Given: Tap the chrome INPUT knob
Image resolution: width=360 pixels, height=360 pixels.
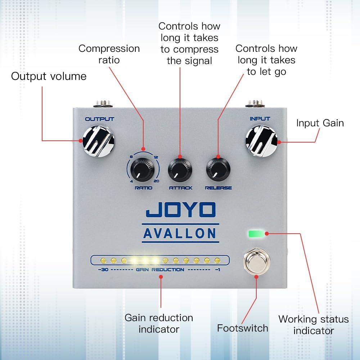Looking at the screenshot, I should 262,141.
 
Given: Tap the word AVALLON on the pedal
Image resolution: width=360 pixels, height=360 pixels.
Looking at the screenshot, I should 180,233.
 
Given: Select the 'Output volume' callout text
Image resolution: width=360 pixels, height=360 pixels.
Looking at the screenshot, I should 49,76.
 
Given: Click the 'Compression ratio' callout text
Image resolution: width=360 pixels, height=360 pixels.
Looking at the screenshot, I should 109,54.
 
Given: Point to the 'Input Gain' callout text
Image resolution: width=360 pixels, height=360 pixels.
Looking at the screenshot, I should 320,123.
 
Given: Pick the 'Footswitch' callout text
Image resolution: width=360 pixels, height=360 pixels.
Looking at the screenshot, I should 242,328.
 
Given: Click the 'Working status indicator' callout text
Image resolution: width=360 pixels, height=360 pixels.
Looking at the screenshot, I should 314,325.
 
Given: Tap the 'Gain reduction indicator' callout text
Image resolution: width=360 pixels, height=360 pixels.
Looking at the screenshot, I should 159,323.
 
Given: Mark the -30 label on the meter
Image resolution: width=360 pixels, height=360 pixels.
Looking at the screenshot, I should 103,270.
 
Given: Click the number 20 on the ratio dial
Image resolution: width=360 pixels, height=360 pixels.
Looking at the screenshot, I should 156,181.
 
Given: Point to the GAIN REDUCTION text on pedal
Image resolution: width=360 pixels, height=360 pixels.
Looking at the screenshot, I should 161,270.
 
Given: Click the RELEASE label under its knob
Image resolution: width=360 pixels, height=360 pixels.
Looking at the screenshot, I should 219,188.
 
